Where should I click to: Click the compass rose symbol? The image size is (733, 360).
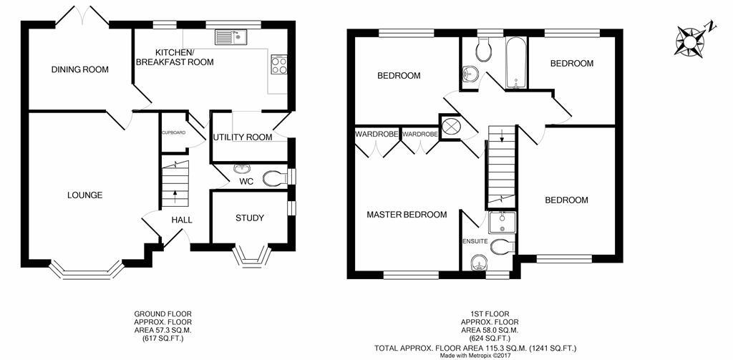pos(691,41)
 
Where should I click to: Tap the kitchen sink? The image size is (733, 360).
pos(231,35)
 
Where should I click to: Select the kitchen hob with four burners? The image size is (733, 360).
pos(278,65)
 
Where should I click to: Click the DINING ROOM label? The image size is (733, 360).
pos(79,70)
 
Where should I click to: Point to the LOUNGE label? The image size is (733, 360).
pos(84,195)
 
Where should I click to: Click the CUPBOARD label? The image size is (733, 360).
pos(173,133)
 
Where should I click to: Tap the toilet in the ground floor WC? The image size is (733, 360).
pos(273,178)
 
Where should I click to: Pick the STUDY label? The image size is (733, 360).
pos(249,218)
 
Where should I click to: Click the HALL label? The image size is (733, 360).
pos(181,220)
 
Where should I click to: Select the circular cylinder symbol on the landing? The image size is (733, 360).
pos(451,127)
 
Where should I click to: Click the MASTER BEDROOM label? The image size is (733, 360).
pos(407,215)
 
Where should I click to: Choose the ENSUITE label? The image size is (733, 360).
pos(475,242)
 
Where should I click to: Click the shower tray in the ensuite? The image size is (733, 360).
pos(503,223)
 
